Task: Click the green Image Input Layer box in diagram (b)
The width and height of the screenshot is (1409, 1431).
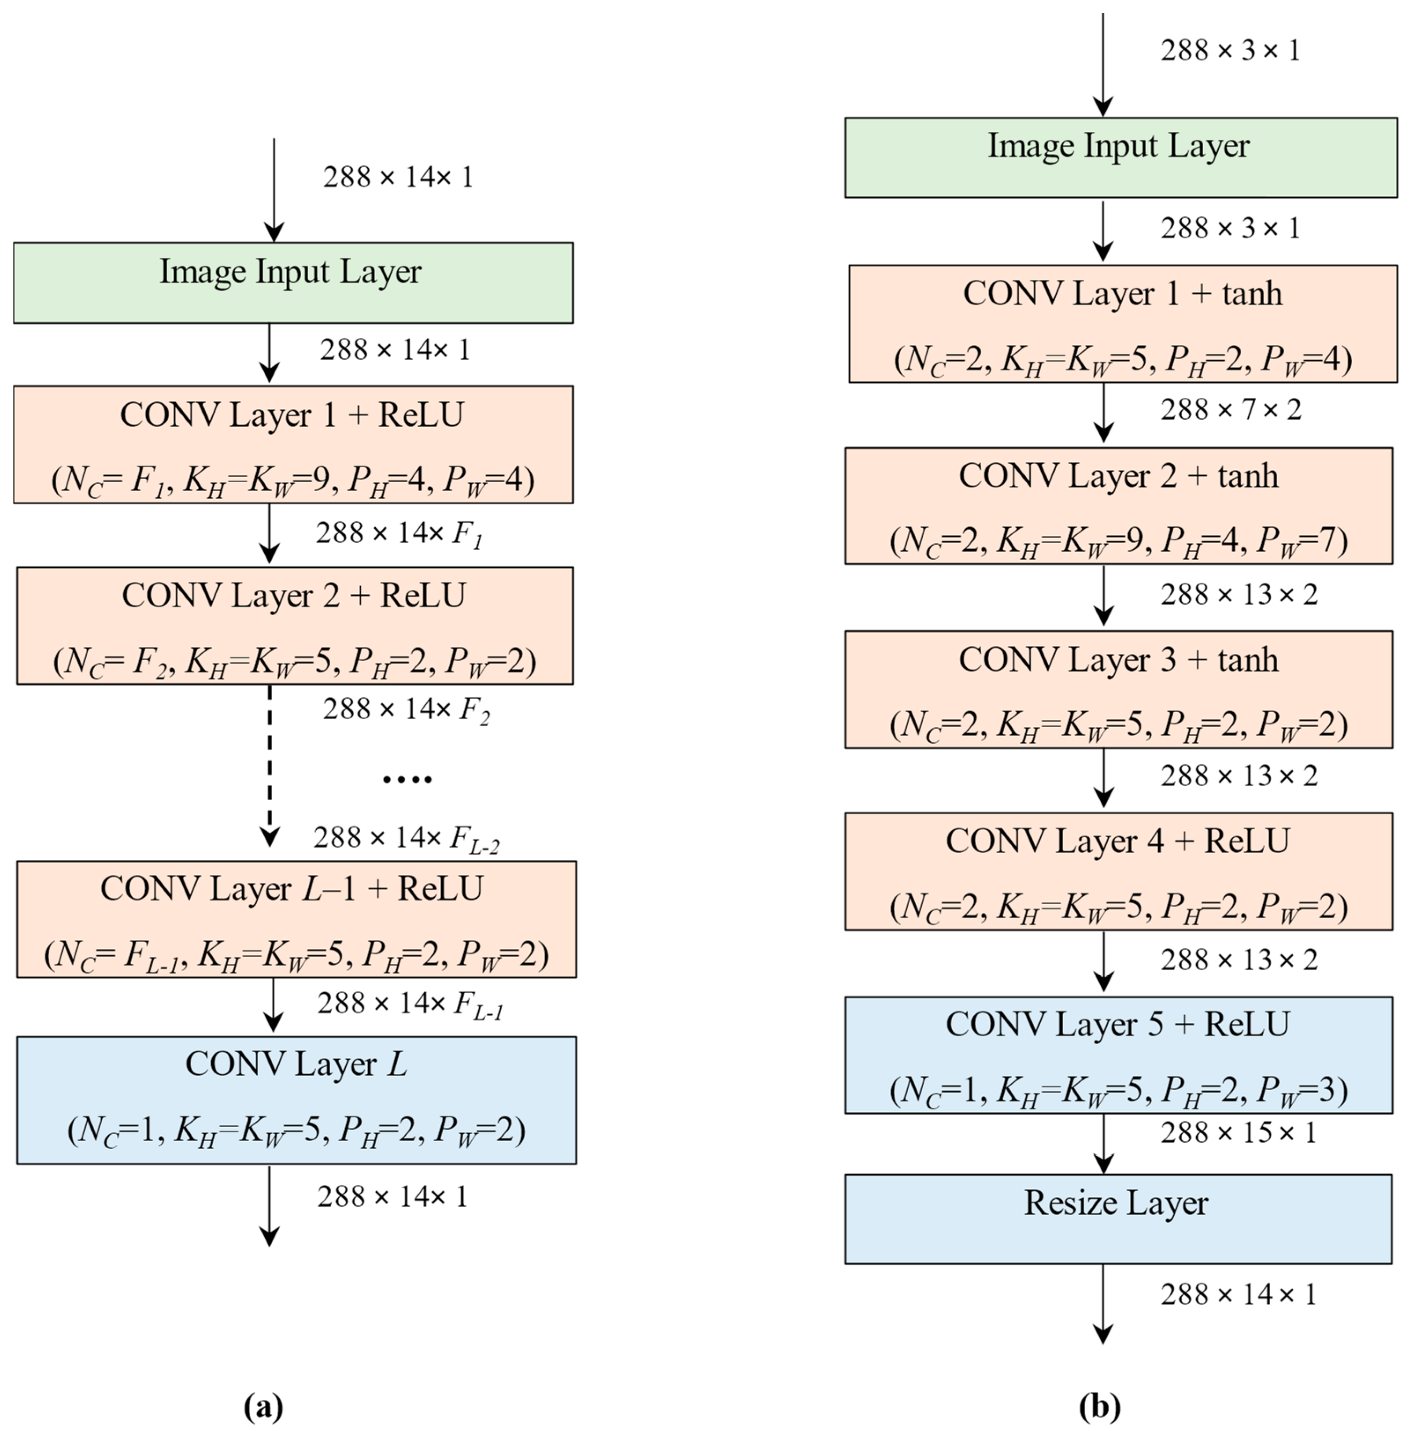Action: pos(1121,157)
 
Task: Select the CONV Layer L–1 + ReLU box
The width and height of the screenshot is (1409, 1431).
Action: pos(296,919)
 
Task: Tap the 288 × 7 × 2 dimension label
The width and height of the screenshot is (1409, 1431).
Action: pos(1230,409)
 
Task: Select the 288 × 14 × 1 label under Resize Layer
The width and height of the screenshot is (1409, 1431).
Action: pos(1238,1294)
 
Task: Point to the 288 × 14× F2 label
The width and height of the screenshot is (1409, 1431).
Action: pos(406,710)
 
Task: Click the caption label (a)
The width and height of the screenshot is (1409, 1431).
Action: pos(263,1406)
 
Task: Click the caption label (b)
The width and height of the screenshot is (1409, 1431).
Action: pos(1100,1406)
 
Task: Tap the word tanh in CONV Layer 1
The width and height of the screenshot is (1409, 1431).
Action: pos(1252,294)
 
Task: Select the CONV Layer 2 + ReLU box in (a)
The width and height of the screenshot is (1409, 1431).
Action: pos(295,625)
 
